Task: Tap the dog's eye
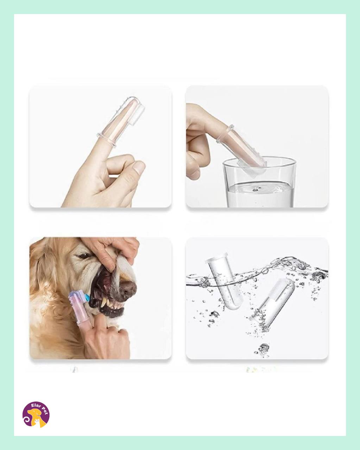85,256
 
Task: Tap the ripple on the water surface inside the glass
255,189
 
